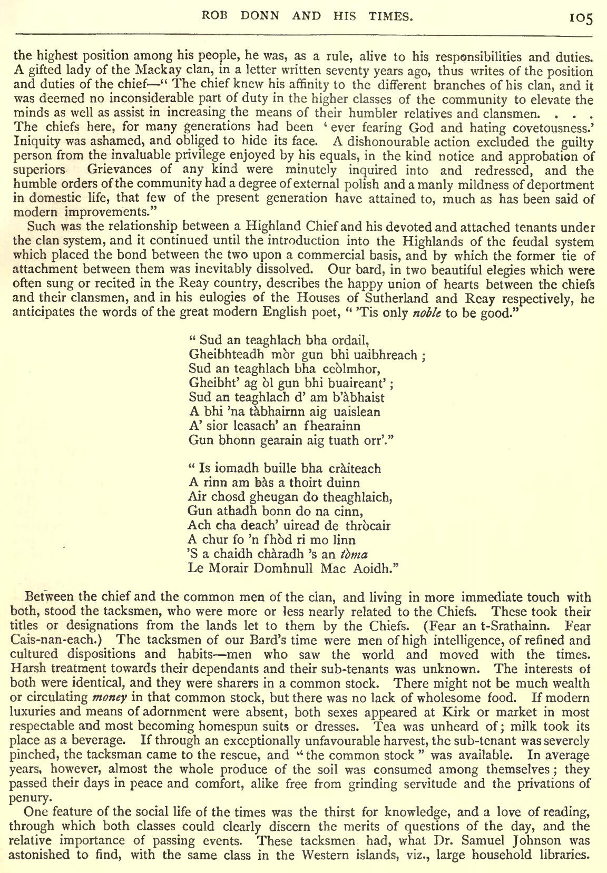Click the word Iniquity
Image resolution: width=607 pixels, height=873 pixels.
(32, 142)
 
